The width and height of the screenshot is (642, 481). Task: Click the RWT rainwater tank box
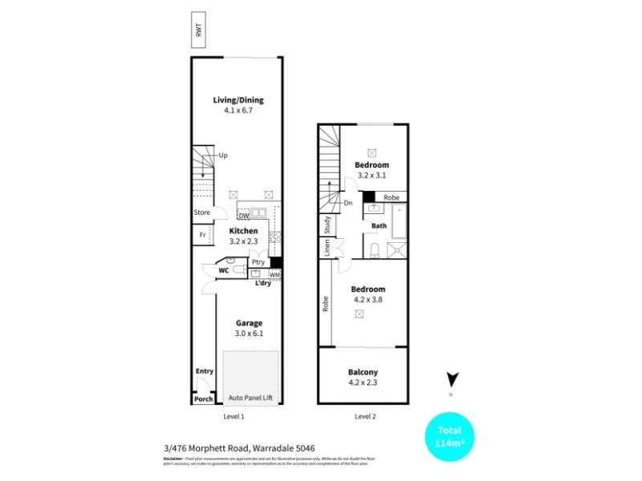[197, 30]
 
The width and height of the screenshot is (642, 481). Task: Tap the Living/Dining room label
[238, 100]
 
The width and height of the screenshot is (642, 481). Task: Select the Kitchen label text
[244, 231]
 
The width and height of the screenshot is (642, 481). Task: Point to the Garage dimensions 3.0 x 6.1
[249, 333]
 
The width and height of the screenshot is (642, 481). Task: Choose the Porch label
[204, 398]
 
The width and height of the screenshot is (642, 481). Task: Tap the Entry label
[205, 371]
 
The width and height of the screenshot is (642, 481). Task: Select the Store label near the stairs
[202, 212]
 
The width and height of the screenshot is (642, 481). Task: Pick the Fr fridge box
[202, 235]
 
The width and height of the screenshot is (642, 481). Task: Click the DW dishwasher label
[244, 216]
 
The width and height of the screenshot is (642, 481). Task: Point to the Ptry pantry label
[258, 262]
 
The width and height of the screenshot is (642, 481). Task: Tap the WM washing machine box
[274, 275]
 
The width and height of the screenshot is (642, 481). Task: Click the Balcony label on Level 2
[363, 372]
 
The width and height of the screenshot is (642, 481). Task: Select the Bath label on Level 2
[380, 226]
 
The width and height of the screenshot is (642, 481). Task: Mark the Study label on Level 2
[327, 225]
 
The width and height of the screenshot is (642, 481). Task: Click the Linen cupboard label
[327, 249]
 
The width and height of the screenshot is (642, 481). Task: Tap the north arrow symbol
[452, 379]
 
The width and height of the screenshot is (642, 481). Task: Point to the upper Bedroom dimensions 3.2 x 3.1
[372, 175]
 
